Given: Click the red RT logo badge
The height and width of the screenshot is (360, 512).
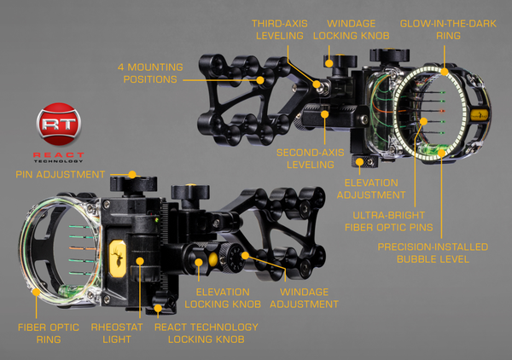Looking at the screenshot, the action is (59, 124).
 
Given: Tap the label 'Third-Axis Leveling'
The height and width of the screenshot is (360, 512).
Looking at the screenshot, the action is (280, 30).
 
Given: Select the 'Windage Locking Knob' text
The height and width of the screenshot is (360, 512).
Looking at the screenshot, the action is (352, 30).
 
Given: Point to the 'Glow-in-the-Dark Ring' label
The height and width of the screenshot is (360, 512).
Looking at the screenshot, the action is (448, 30).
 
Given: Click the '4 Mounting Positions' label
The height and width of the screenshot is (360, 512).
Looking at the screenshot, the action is (150, 73).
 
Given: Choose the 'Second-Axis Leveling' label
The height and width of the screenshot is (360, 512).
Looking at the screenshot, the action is (311, 159).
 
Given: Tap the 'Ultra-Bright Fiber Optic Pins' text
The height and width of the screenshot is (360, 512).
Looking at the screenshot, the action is (389, 221).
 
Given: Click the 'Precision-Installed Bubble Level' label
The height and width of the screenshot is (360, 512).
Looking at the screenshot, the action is (433, 253).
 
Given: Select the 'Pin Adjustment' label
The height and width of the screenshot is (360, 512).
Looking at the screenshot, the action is (61, 174).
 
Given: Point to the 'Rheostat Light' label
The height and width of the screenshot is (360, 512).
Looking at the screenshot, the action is (117, 334).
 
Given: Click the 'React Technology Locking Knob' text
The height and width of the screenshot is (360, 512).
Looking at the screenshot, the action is (207, 334).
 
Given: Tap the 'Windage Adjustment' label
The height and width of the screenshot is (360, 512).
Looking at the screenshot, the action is (304, 298).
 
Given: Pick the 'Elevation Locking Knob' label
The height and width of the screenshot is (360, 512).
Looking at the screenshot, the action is (223, 298).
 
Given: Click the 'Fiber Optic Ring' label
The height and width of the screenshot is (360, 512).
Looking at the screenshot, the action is (49, 334).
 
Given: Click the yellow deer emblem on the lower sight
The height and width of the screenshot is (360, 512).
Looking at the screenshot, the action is (118, 258).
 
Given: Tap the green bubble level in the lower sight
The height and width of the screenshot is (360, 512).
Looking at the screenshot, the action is (73, 289).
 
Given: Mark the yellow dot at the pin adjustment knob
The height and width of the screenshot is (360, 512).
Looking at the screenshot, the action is (132, 175).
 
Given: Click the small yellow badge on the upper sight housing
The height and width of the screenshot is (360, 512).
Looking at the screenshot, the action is (480, 114).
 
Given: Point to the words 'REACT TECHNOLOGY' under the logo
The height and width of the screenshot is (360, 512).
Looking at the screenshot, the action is (59, 157).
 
